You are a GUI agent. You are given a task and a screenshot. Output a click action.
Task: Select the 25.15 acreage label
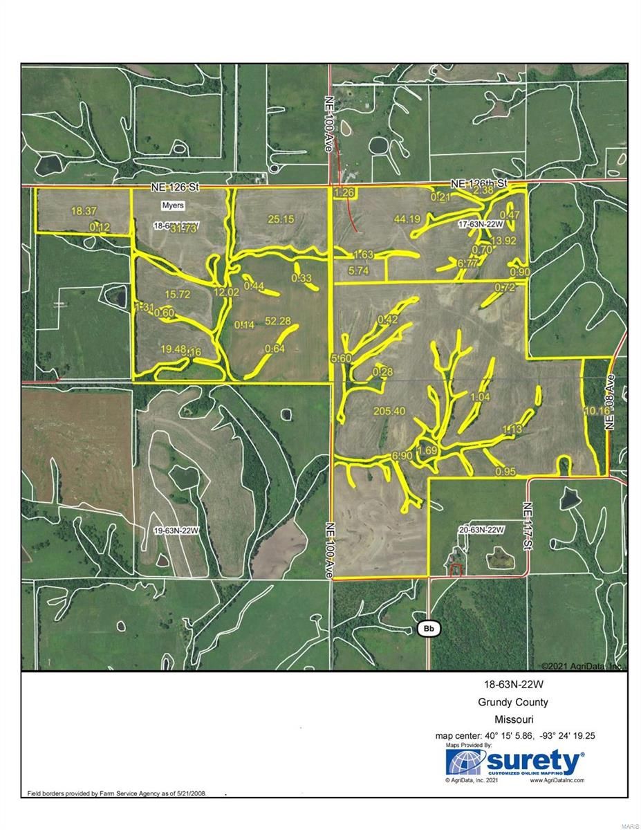(x=281, y=219)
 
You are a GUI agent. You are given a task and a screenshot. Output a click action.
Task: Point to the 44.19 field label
(x=388, y=219)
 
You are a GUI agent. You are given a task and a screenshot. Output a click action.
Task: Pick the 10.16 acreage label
(x=594, y=410)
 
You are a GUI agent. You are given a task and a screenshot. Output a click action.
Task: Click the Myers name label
(x=173, y=205)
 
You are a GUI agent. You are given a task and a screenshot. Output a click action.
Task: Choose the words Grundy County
(x=513, y=702)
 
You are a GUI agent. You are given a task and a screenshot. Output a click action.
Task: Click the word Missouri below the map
(x=513, y=719)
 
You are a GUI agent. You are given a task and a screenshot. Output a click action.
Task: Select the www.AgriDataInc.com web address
(x=557, y=780)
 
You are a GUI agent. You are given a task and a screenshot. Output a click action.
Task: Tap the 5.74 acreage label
(x=358, y=271)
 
